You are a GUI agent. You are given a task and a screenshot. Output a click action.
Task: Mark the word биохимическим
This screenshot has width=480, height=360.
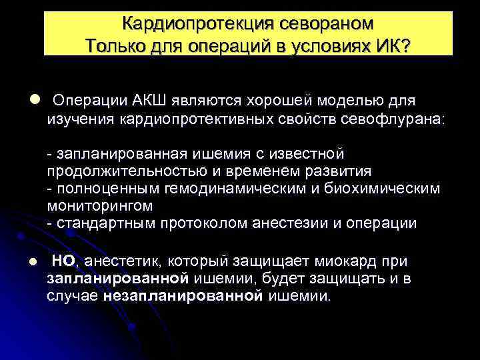[384, 189]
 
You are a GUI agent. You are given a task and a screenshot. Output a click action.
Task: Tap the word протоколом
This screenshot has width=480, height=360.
[201, 223]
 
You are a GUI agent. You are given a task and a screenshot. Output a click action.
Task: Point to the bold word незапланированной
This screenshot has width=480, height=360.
[184, 295]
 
